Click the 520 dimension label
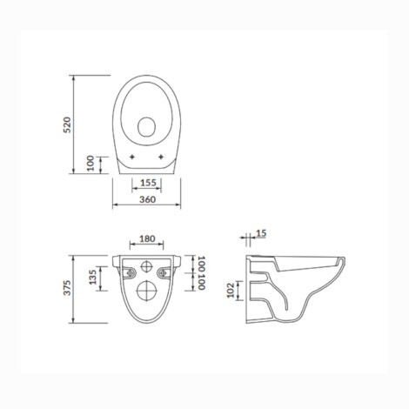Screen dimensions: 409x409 (x=67, y=124)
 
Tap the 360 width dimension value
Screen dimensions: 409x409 (x=147, y=199)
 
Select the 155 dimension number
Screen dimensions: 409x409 (x=148, y=183)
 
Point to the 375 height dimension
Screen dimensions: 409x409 (x=67, y=288)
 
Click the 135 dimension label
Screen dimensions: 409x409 (x=92, y=278)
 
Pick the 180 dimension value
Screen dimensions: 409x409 (x=147, y=238)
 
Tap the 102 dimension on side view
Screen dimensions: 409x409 (x=231, y=291)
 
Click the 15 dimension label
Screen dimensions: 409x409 (x=261, y=233)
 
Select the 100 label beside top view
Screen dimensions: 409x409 (x=91, y=163)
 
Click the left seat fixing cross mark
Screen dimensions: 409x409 (x=132, y=157)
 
